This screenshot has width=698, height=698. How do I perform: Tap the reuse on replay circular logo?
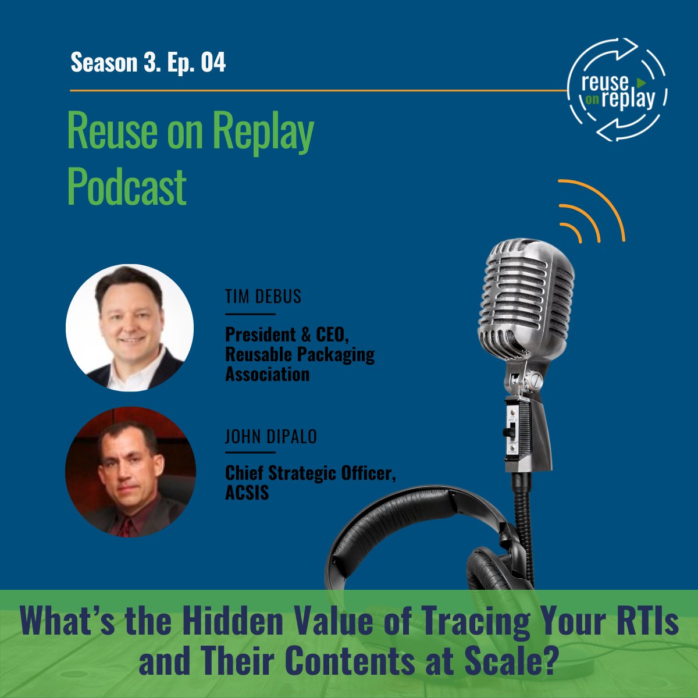coord(618,90)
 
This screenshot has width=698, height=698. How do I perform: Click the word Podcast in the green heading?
coord(127,187)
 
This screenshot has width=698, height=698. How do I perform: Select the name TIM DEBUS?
coord(263,297)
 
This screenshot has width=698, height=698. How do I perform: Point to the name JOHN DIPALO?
coord(271,436)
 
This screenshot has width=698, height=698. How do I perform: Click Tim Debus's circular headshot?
coord(130,328)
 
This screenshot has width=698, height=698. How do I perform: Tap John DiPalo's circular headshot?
coord(130,472)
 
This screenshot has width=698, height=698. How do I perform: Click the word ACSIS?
coord(247,493)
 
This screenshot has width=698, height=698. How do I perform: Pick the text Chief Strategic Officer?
coord(311,474)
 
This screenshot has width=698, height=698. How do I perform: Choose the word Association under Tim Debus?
coord(267,374)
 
